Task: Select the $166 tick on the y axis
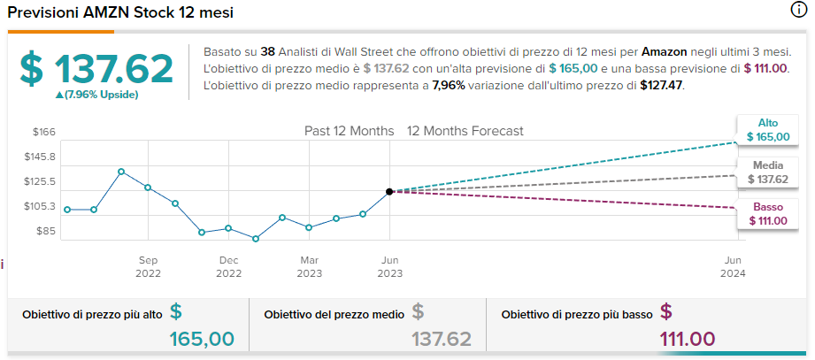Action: pos(44,133)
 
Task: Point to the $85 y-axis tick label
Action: pos(46,232)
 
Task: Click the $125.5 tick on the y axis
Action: pos(41,182)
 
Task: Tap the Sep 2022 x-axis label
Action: pos(148,266)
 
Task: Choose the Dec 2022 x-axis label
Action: pos(228,266)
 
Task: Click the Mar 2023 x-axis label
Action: pos(309,266)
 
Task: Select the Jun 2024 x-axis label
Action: pos(733,266)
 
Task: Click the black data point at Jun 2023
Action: pos(389,191)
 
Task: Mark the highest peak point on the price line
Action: pos(121,172)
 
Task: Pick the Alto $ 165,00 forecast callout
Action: pos(767,130)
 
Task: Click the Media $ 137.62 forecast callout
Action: pos(767,172)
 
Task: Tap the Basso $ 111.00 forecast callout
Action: pos(767,213)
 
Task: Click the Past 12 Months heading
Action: pos(349,131)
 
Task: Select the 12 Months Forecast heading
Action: pos(465,131)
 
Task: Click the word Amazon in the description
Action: pos(665,52)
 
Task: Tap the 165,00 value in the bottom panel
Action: pos(202,338)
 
